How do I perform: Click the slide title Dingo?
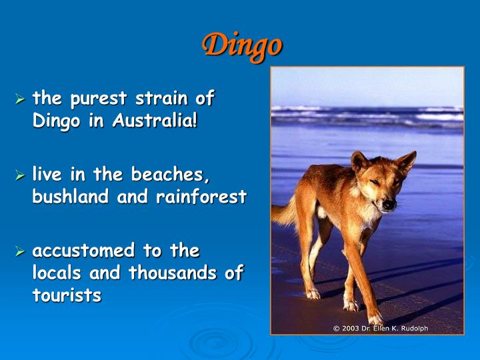pyautogui.click(x=242, y=45)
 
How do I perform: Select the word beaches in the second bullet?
pyautogui.click(x=175, y=175)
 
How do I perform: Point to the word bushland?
pyautogui.click(x=71, y=198)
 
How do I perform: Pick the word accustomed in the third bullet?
pyautogui.click(x=83, y=251)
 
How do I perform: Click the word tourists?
pyautogui.click(x=67, y=296)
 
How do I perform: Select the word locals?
pyautogui.click(x=57, y=273)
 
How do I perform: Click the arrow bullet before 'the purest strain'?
pyautogui.click(x=21, y=100)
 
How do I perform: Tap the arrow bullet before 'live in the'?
pyautogui.click(x=21, y=176)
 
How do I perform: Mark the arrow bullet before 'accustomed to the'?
pyautogui.click(x=21, y=252)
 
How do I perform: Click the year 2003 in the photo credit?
pyautogui.click(x=350, y=327)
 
